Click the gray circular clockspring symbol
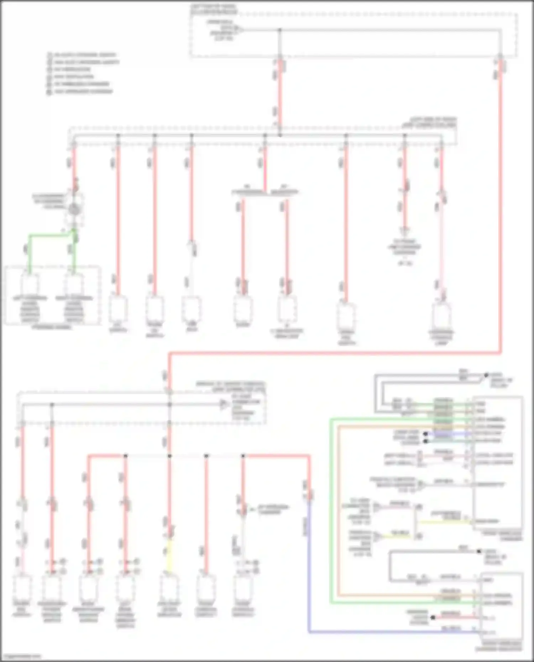pyautogui.click(x=74, y=209)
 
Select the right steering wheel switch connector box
pyautogui.click(x=74, y=285)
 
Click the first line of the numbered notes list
pyautogui.click(x=82, y=55)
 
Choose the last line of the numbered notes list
pyautogui.click(x=80, y=91)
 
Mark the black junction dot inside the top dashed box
pyautogui.click(x=280, y=30)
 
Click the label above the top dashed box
pyautogui.click(x=214, y=9)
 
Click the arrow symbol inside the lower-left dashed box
pyautogui.click(x=224, y=404)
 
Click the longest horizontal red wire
pyautogui.click(x=335, y=353)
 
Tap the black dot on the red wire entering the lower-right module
pyautogui.click(x=433, y=617)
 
